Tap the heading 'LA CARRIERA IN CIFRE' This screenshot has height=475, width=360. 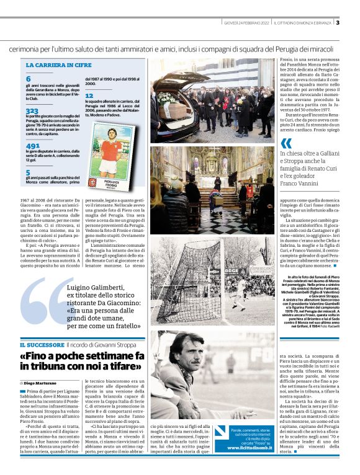point(58,64)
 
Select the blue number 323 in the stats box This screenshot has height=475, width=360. point(32,110)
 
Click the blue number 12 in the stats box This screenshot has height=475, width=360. point(89,95)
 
